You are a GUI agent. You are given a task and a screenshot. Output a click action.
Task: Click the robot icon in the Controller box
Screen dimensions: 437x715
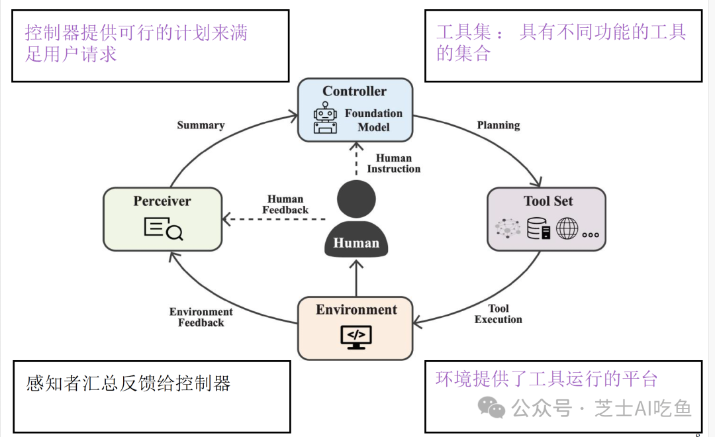click(325, 118)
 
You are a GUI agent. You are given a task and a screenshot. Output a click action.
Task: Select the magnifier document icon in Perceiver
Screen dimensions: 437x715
click(163, 229)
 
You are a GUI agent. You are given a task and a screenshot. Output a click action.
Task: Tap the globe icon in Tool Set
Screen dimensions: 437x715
click(567, 228)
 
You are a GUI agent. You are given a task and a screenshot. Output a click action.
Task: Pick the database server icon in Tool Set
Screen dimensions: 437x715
click(538, 228)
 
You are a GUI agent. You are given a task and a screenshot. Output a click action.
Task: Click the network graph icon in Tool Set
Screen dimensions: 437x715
click(508, 229)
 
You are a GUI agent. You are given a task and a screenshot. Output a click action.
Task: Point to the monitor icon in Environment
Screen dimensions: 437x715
click(356, 337)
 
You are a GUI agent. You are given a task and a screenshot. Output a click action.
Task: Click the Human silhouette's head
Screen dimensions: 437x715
click(356, 199)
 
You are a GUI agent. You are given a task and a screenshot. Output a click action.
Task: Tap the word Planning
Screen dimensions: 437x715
click(499, 125)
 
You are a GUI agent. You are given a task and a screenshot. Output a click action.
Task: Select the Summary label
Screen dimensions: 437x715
click(201, 125)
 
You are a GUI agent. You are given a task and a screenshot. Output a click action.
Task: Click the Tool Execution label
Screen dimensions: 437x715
click(499, 314)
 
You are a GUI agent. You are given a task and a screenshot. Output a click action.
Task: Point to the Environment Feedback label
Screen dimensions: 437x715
click(201, 317)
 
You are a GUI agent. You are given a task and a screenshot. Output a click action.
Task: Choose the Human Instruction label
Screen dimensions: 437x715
click(394, 164)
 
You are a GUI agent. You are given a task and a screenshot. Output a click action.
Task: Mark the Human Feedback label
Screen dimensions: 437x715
click(285, 205)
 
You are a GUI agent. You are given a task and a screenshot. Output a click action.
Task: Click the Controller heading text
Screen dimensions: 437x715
click(355, 91)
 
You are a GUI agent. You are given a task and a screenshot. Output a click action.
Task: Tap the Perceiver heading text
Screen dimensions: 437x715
click(162, 201)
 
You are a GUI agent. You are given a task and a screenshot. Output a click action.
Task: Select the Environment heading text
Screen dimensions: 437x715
click(356, 310)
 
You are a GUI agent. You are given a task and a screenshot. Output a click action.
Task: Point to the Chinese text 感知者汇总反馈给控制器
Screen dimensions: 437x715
click(128, 383)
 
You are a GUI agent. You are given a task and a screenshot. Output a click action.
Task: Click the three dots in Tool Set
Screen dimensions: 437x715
click(591, 234)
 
